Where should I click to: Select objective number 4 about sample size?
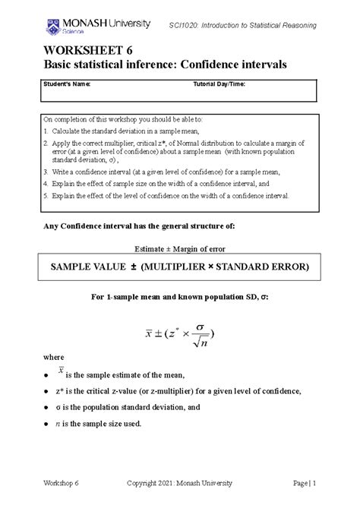point(152,184)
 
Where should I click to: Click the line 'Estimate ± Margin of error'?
point(179,249)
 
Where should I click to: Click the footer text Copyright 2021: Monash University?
point(180,483)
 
